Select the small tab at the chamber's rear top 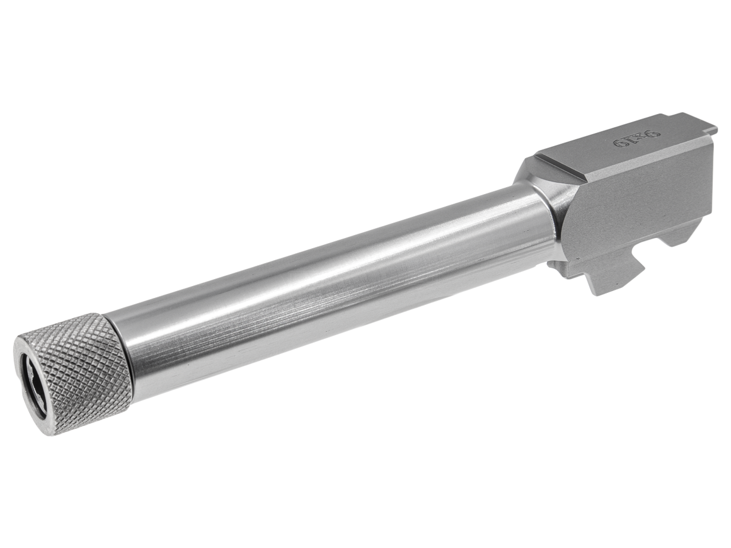click(x=710, y=128)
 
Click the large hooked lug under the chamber click(x=608, y=274)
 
